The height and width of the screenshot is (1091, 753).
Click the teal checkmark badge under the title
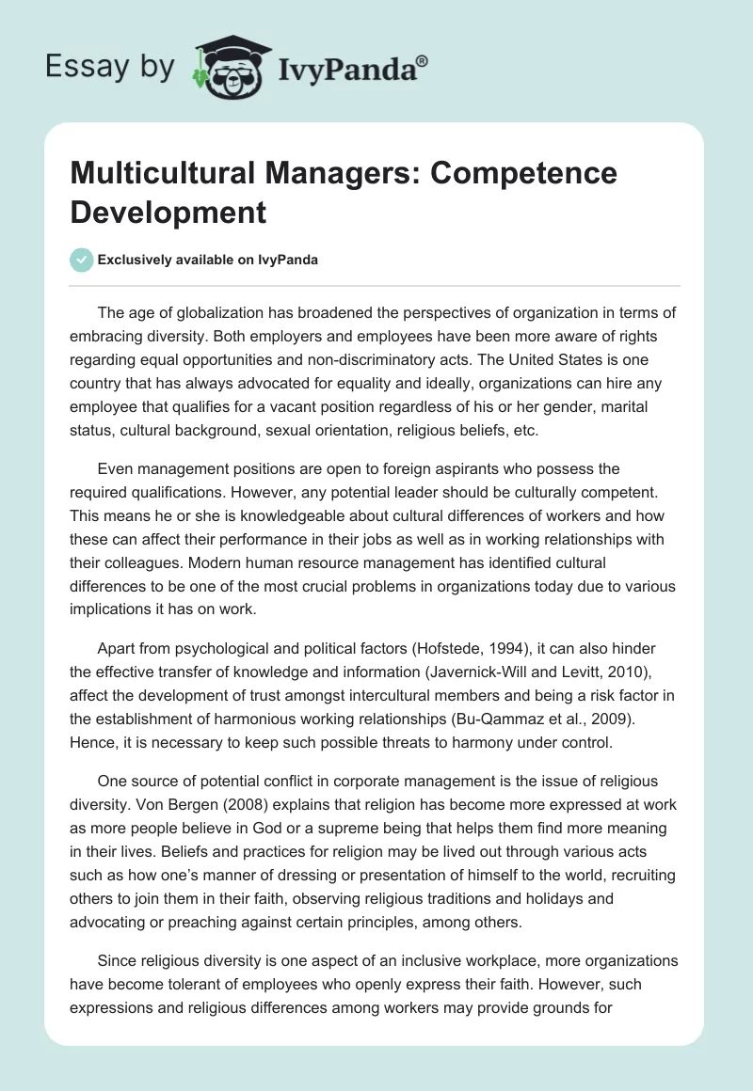pyautogui.click(x=81, y=260)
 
